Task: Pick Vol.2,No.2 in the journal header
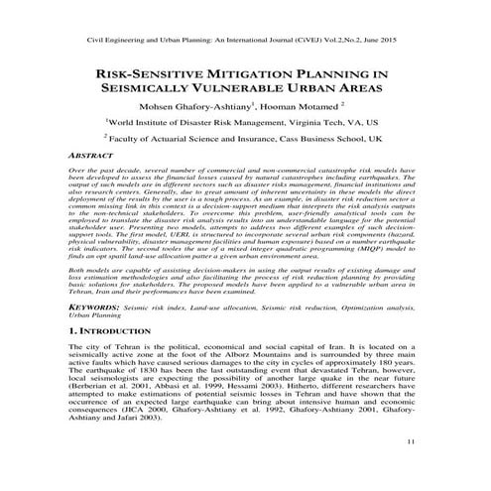click(337, 40)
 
